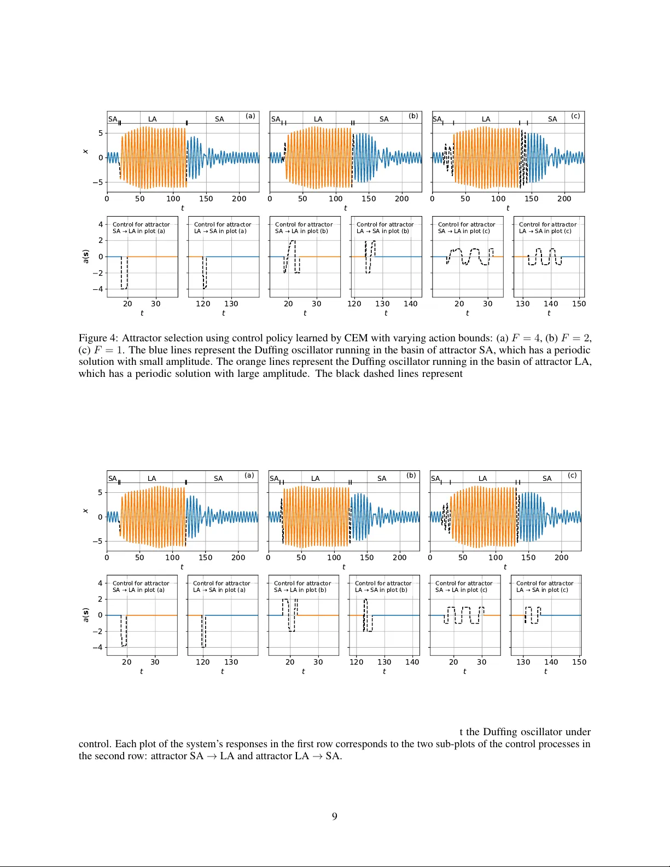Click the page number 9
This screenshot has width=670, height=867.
pos(334,816)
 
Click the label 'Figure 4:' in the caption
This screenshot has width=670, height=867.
pos(98,338)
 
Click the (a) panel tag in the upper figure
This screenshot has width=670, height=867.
pos(250,116)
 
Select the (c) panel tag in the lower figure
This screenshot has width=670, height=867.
pos(572,475)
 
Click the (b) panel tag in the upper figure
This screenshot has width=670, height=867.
pos(413,116)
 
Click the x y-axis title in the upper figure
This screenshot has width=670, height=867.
pos(85,152)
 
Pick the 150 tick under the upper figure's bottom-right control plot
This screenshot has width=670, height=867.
pos(579,304)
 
